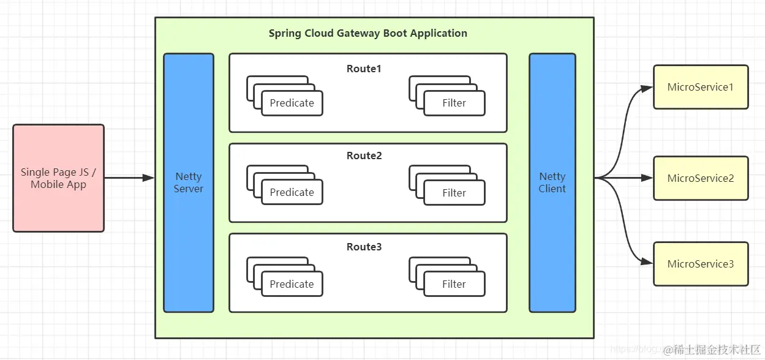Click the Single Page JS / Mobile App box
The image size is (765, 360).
pyautogui.click(x=58, y=178)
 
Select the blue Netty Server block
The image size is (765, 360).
pyautogui.click(x=188, y=182)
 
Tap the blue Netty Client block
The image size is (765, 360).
pyautogui.click(x=552, y=182)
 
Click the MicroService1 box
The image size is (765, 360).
pyautogui.click(x=701, y=87)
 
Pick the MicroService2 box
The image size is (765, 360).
pyautogui.click(x=701, y=178)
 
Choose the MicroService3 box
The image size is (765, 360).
pyautogui.click(x=701, y=264)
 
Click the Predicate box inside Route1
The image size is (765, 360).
pyautogui.click(x=292, y=103)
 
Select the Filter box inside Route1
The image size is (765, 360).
pyautogui.click(x=454, y=103)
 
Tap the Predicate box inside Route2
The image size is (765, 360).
pyautogui.click(x=292, y=192)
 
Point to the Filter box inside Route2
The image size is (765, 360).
pyautogui.click(x=454, y=193)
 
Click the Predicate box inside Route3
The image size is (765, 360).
pyautogui.click(x=292, y=284)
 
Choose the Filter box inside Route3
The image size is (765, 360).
pyautogui.click(x=454, y=284)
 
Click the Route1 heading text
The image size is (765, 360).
pyautogui.click(x=364, y=69)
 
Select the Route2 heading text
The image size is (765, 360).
pyautogui.click(x=364, y=156)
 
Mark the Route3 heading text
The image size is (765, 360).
pyautogui.click(x=364, y=247)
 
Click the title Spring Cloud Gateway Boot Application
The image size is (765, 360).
pyautogui.click(x=367, y=33)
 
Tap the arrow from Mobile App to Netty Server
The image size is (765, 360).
pyautogui.click(x=129, y=178)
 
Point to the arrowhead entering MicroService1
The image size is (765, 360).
pyautogui.click(x=647, y=88)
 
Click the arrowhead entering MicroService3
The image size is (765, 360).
pyautogui.click(x=647, y=263)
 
